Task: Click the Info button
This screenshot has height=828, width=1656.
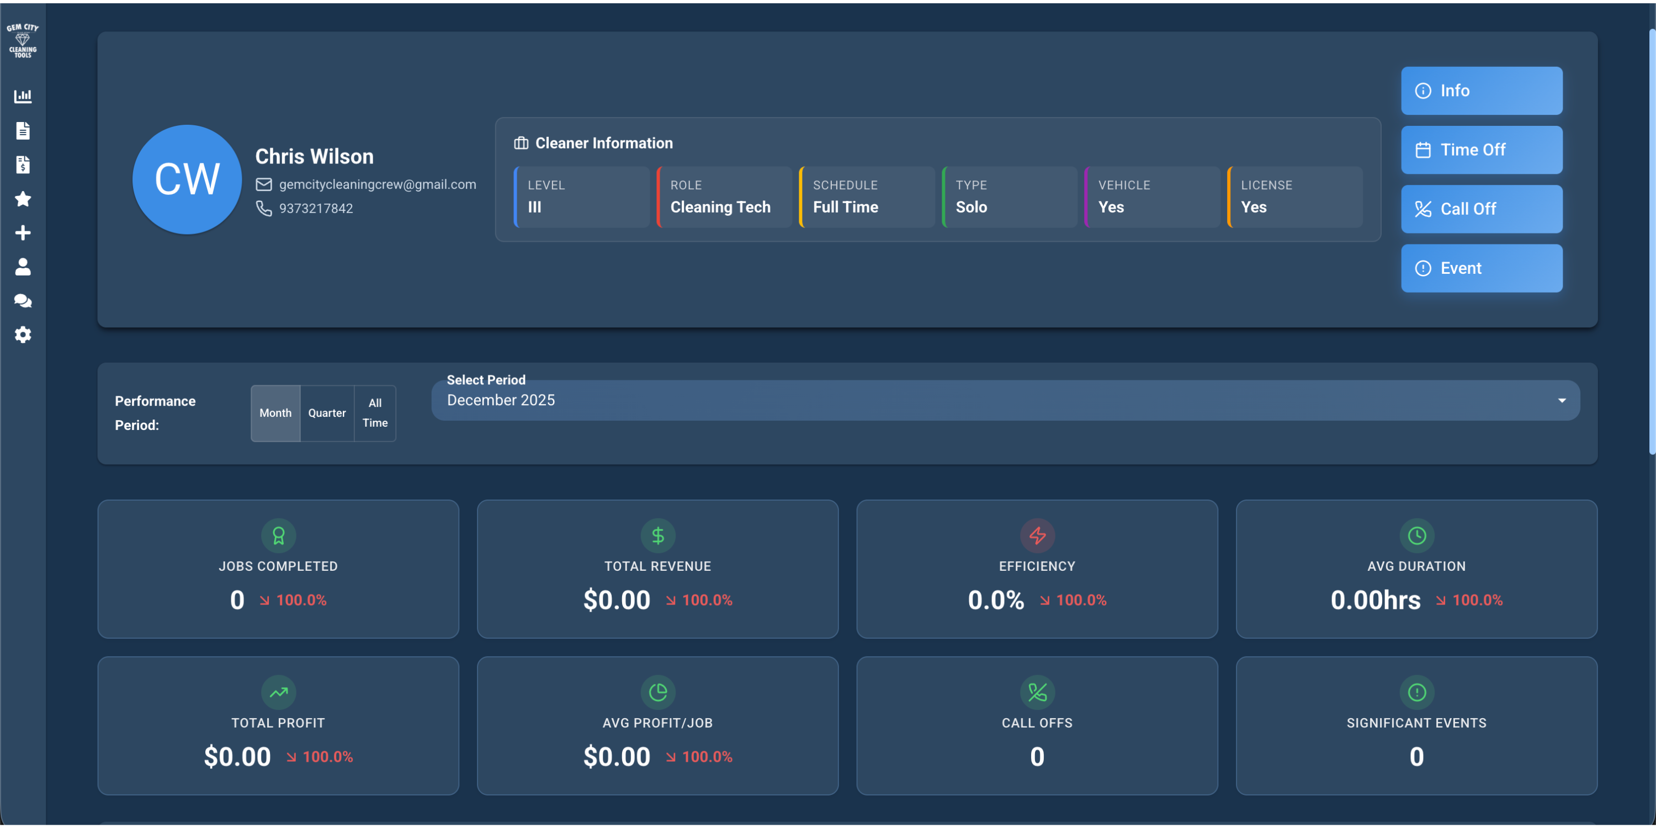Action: click(1481, 91)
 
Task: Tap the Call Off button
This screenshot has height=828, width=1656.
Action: click(1481, 209)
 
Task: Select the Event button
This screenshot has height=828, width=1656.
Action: click(1481, 268)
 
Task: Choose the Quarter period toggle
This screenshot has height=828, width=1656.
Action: click(327, 413)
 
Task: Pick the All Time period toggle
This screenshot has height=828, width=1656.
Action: click(375, 413)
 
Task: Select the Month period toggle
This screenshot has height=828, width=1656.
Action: click(275, 413)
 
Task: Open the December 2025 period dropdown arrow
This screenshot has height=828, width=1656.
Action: click(1562, 401)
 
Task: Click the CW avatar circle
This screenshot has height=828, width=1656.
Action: click(187, 179)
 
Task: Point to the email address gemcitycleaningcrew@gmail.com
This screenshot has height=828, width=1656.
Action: click(378, 184)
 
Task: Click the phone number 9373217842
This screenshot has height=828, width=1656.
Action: click(316, 208)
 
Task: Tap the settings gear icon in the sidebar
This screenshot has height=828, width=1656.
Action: click(23, 335)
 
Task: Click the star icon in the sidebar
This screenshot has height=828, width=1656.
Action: click(23, 199)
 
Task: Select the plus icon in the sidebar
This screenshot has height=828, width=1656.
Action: click(23, 233)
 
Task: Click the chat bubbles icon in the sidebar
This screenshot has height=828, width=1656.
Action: click(23, 301)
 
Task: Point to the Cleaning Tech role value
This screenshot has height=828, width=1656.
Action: click(720, 207)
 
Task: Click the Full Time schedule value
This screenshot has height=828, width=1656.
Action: click(845, 207)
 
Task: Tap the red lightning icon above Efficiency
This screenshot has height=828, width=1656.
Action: click(1037, 535)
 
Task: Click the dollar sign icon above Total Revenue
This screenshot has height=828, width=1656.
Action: click(657, 535)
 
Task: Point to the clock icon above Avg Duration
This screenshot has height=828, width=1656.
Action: click(1416, 535)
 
